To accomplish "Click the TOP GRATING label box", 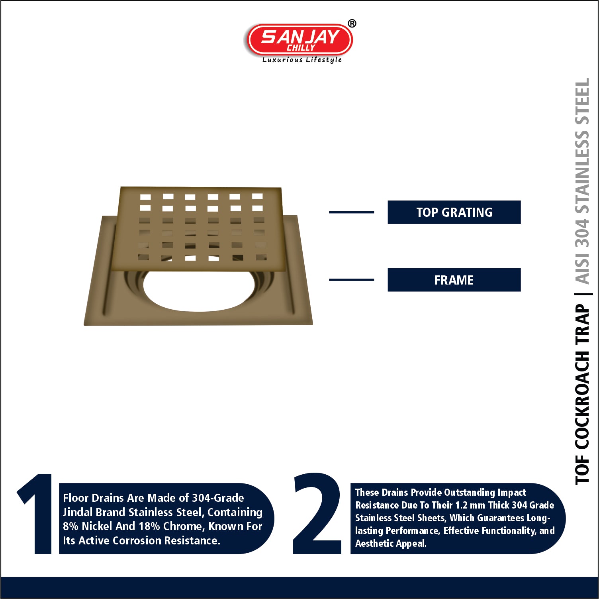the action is point(454,212).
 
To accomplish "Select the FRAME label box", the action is point(454,280).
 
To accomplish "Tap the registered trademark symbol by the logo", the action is point(352,24).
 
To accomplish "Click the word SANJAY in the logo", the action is point(300,37).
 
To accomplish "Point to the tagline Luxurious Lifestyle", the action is point(302,60).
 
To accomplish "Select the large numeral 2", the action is point(317,513).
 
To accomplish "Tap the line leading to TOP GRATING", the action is point(351,212).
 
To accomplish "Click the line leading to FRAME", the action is point(351,280).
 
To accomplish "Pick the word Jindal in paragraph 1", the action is point(78,512).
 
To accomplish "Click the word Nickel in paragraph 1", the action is point(97,526).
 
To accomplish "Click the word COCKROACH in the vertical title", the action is point(582,400).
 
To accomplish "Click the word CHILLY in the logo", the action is point(301,48).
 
